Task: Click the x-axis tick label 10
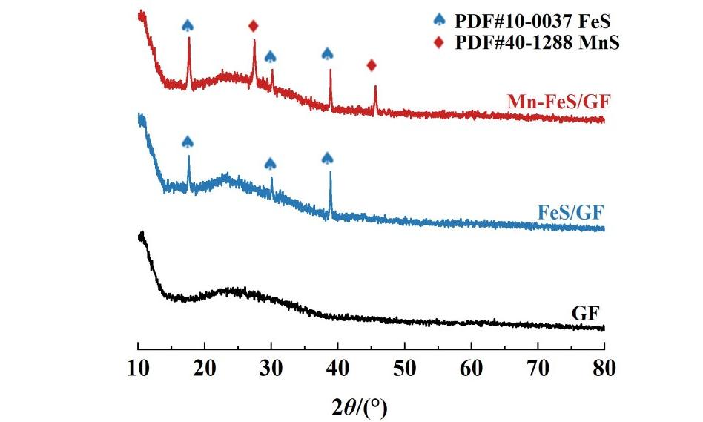point(139,368)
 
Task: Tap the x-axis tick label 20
point(205,368)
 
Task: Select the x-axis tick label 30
point(271,368)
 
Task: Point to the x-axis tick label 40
point(338,368)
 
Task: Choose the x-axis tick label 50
point(405,368)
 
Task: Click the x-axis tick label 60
point(472,368)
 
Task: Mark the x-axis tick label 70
point(538,368)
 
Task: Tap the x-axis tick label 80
point(604,368)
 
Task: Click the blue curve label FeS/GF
point(571,214)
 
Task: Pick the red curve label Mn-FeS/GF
point(555,102)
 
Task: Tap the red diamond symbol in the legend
point(442,42)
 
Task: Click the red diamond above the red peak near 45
point(372,65)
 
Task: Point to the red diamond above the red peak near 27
point(254,26)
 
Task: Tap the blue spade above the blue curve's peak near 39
point(328,157)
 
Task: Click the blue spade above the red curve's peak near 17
point(188,25)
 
